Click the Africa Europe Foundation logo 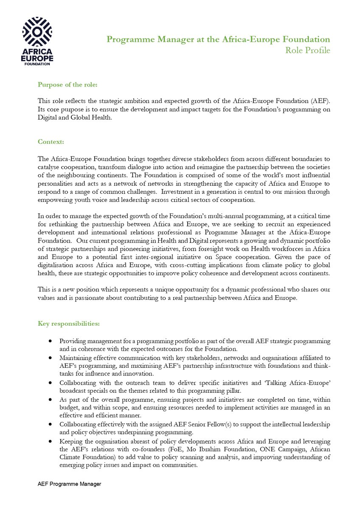coord(37,42)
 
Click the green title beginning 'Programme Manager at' coord(218,39)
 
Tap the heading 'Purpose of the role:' coord(67,85)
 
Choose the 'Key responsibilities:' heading coord(69,324)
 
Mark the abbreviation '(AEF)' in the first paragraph coord(319,101)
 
